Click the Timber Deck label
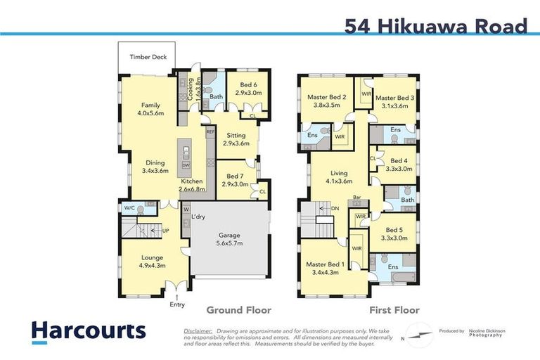pyautogui.click(x=148, y=57)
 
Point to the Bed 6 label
pyautogui.click(x=247, y=88)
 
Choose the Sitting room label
pyautogui.click(x=236, y=139)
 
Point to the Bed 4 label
pyautogui.click(x=399, y=165)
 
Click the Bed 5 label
pyautogui.click(x=397, y=233)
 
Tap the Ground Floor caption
pyautogui.click(x=238, y=310)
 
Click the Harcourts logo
pyautogui.click(x=88, y=332)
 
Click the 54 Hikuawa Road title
pyautogui.click(x=436, y=27)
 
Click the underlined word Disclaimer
pyautogui.click(x=198, y=330)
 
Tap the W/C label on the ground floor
pyautogui.click(x=129, y=209)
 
